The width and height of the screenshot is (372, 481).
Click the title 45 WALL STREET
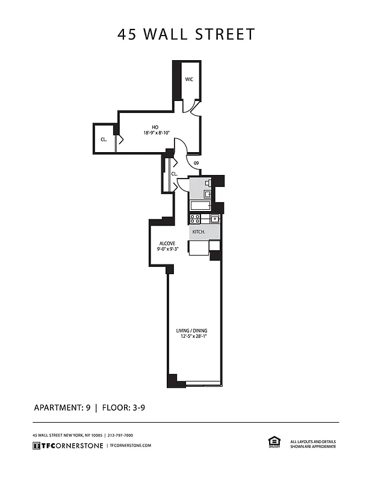tap(186, 34)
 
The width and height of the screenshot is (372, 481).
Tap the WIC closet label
tap(189, 79)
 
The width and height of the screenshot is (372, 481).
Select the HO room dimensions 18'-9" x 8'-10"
tap(157, 133)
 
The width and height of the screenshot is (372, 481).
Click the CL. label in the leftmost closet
tap(104, 139)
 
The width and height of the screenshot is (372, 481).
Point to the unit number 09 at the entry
tap(196, 164)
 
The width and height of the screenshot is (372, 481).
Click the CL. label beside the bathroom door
tap(174, 174)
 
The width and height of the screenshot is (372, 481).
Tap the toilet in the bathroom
tap(208, 183)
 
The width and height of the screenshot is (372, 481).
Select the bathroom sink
tap(207, 194)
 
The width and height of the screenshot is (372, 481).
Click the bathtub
tap(199, 205)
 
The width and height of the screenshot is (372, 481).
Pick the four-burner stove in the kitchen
tap(196, 219)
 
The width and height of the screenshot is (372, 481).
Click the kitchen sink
tap(214, 219)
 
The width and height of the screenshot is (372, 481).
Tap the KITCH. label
tap(199, 232)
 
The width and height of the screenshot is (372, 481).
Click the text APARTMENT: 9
tap(62, 408)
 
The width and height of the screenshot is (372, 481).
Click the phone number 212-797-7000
tap(120, 435)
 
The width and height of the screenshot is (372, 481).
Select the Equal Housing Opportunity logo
tap(273, 442)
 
